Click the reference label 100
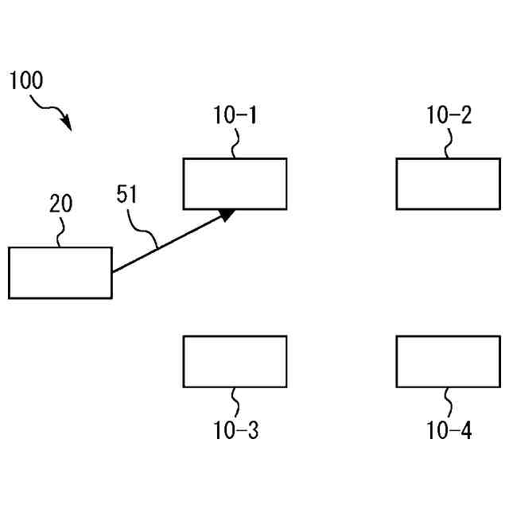tap(26, 80)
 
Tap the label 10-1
tap(235, 116)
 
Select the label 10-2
tap(449, 116)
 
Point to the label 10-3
tap(235, 431)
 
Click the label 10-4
tap(449, 431)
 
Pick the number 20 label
tap(60, 204)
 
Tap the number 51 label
tap(128, 195)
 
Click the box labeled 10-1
tap(235, 184)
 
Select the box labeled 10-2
tap(448, 184)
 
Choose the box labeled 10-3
tap(235, 362)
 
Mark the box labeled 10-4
tap(448, 362)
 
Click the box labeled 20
tap(60, 273)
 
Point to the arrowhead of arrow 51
tap(228, 213)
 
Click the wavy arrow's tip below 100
tap(68, 127)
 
